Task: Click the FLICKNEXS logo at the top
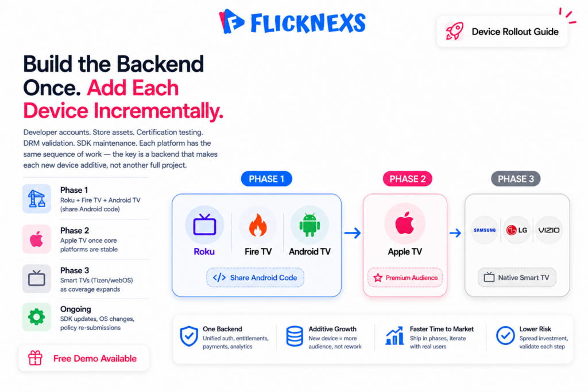click(292, 22)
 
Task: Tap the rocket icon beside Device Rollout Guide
click(455, 31)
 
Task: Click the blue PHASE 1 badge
click(266, 178)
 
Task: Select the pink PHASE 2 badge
click(407, 178)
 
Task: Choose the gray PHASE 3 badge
click(516, 178)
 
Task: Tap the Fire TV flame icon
click(258, 225)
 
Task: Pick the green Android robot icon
click(310, 225)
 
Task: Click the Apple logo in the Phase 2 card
click(405, 223)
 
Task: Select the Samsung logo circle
click(485, 230)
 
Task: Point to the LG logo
click(517, 230)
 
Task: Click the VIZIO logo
click(549, 230)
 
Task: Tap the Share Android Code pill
click(255, 278)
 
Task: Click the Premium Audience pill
click(405, 278)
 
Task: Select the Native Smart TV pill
click(517, 278)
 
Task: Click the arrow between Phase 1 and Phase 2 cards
click(353, 233)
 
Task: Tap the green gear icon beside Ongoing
click(36, 317)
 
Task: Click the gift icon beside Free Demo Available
click(35, 358)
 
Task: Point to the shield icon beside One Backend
click(188, 336)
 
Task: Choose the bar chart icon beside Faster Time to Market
click(394, 335)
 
